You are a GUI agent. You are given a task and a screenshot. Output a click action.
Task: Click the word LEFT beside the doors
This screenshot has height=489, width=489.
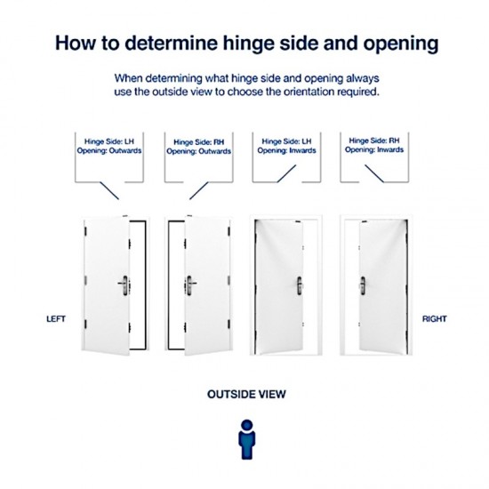(58, 317)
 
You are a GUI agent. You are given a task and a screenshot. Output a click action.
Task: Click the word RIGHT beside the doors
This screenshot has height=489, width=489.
(434, 317)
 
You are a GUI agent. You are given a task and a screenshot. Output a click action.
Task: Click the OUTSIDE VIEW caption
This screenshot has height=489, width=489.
(245, 392)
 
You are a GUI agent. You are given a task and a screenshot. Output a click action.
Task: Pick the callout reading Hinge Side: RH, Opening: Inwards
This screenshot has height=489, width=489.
(374, 146)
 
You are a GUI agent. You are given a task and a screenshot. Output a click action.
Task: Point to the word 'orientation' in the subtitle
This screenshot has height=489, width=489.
(298, 91)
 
